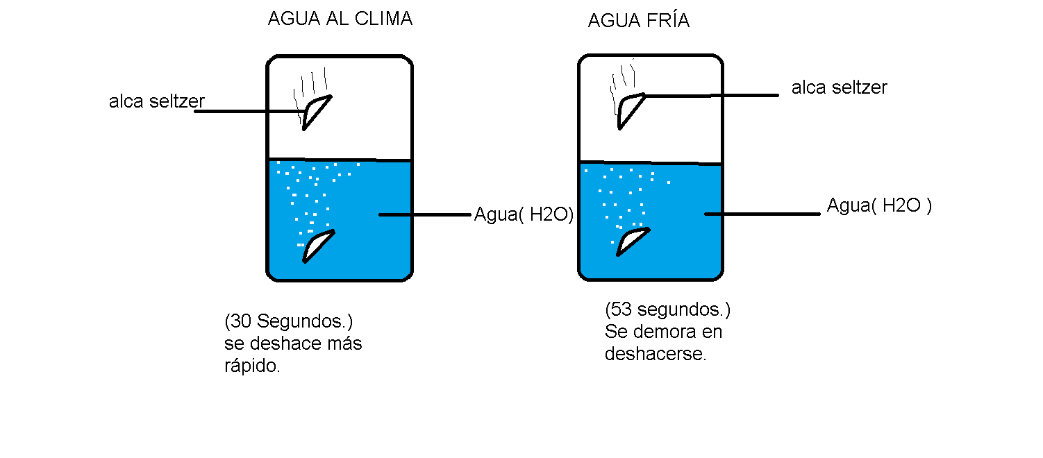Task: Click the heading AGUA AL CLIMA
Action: tap(340, 19)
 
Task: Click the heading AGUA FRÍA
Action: tap(638, 21)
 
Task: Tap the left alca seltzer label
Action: tap(157, 101)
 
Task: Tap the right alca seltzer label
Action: tap(839, 87)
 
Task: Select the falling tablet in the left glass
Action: tap(316, 110)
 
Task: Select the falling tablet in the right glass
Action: tap(630, 108)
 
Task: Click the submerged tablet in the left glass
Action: tap(317, 246)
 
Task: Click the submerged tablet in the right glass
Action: tap(632, 240)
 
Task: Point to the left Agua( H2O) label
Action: tap(524, 214)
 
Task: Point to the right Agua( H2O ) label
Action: tap(878, 205)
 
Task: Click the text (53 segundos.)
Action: tap(667, 309)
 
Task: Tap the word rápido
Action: tap(252, 366)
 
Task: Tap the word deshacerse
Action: tap(655, 354)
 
